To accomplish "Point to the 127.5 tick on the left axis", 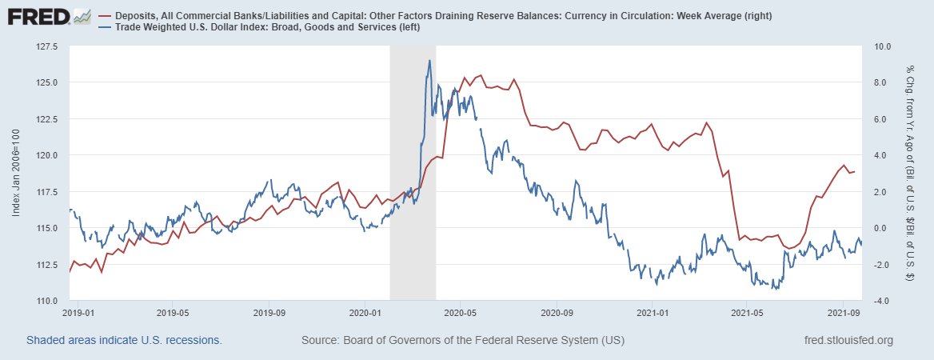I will [46, 46].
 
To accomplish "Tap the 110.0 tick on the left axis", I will [46, 301].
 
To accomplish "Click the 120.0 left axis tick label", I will [46, 155].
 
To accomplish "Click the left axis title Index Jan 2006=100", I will [16, 174].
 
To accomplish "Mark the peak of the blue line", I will [429, 61].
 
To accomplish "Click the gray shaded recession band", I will [412, 200].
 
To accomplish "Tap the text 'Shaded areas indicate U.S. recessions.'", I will [124, 340].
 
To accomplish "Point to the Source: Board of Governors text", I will [462, 340].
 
